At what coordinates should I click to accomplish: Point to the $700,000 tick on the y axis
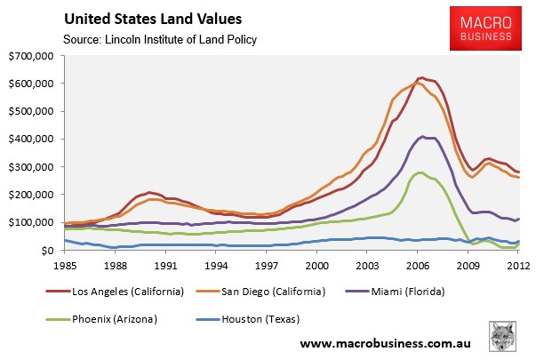(x=31, y=56)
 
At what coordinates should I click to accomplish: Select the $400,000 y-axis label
(x=31, y=140)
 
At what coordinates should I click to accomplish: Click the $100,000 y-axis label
(x=31, y=223)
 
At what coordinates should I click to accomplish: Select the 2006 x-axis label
(x=420, y=264)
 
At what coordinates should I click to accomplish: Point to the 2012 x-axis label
(x=519, y=264)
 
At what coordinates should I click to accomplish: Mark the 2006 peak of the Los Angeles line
(x=421, y=78)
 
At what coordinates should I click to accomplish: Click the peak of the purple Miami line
(x=421, y=137)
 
